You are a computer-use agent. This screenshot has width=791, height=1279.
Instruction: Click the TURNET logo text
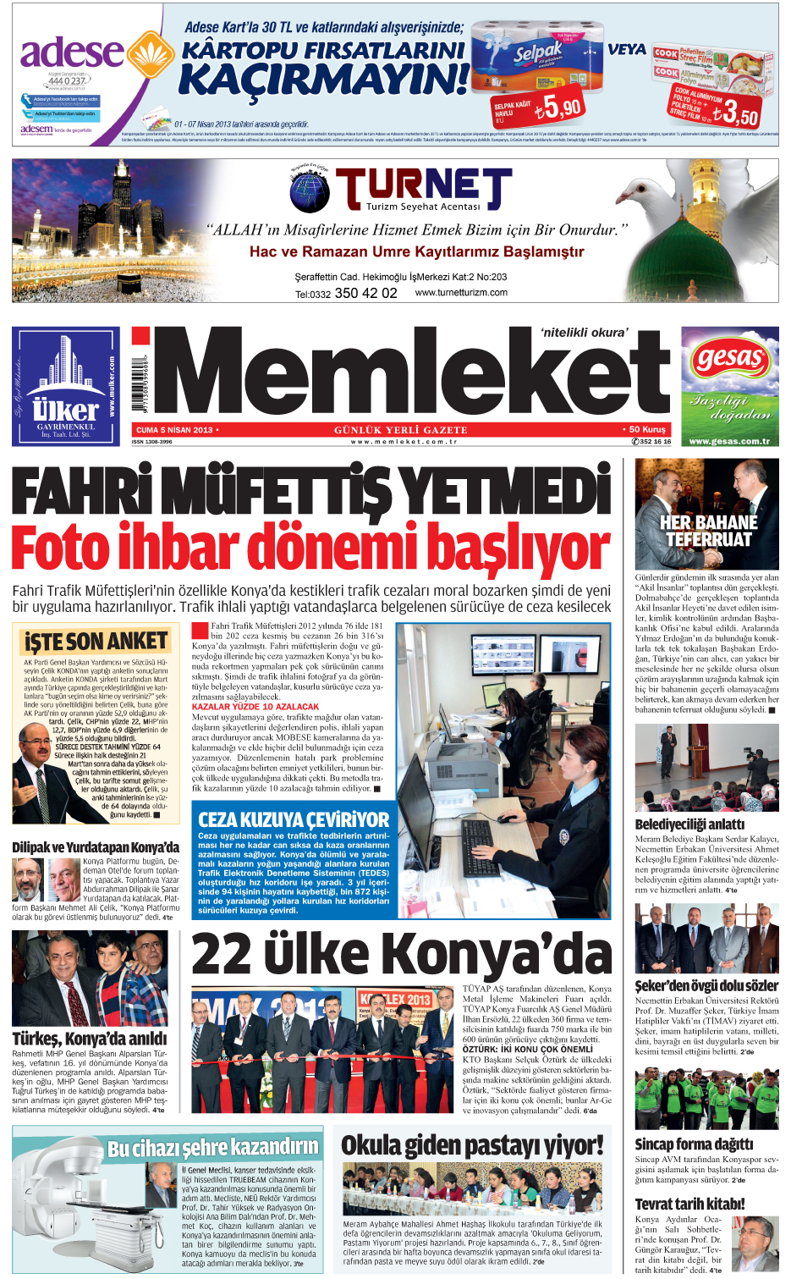point(423,187)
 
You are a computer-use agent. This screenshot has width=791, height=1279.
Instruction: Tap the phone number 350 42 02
point(365,293)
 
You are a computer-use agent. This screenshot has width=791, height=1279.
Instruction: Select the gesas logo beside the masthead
point(729,359)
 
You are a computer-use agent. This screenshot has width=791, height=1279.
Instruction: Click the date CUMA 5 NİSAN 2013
point(175,430)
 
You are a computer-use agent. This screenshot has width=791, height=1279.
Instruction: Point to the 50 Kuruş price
point(645,430)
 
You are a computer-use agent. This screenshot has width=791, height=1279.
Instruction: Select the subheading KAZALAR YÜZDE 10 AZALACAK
point(255,706)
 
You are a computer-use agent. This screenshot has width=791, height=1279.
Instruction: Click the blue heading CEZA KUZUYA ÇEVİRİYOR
point(294,819)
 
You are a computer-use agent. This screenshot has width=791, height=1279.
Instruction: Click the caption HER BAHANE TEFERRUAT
point(708,531)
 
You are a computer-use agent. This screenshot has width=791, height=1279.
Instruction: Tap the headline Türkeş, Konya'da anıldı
point(90,1039)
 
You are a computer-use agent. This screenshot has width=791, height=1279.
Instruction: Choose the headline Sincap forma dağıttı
point(694,1144)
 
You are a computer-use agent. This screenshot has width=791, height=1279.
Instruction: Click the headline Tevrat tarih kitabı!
point(689,1204)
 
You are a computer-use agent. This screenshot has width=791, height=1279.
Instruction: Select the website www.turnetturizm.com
point(461,293)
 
